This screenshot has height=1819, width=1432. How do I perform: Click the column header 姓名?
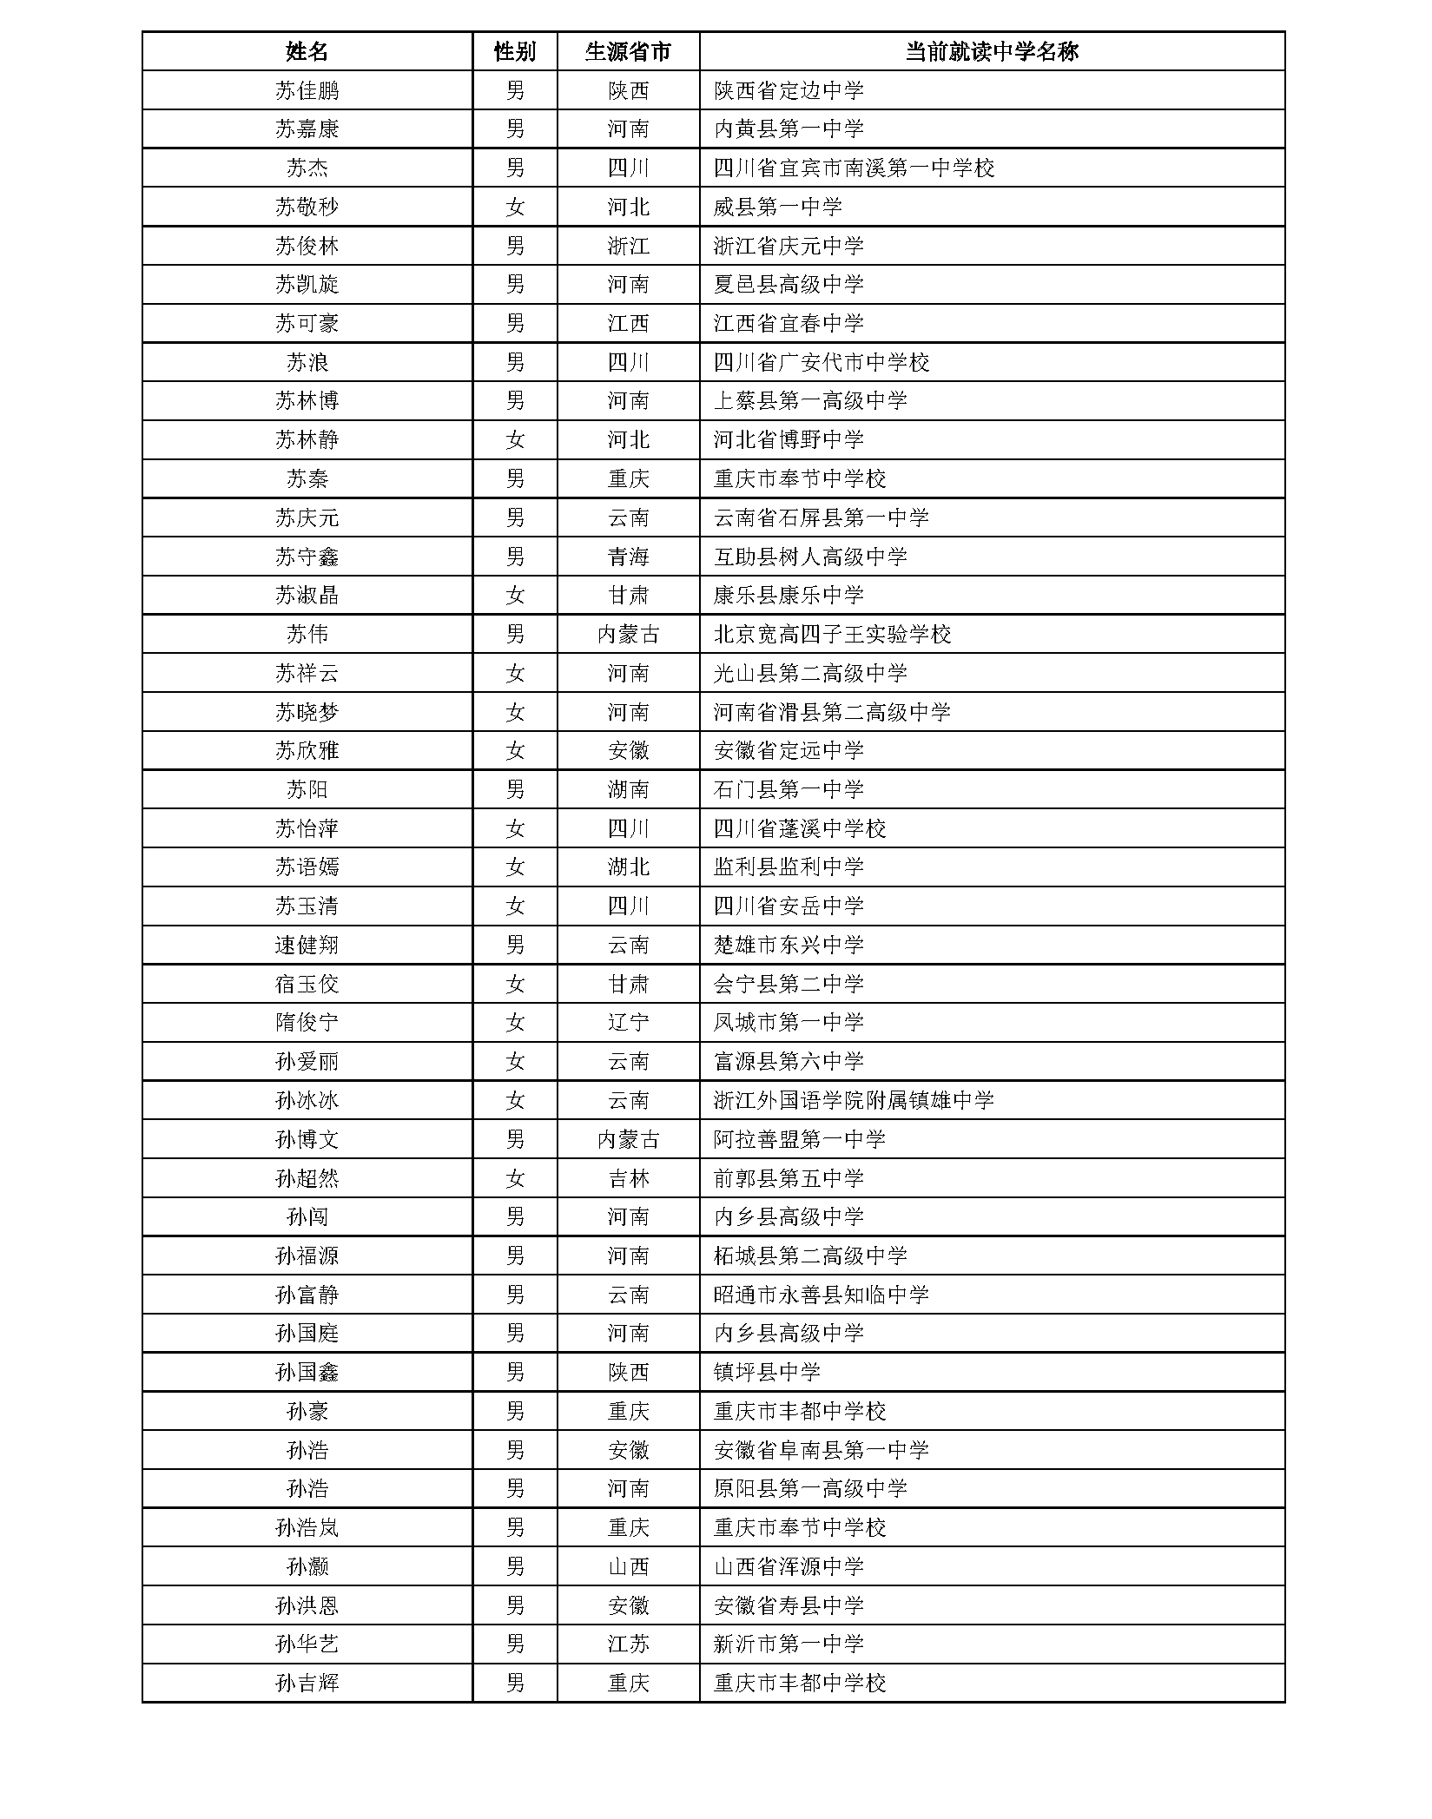pos(307,52)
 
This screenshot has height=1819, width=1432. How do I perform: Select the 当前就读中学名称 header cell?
pos(991,52)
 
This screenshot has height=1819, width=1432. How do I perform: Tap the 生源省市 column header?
pos(628,52)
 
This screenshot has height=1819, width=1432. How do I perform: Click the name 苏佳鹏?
pos(307,91)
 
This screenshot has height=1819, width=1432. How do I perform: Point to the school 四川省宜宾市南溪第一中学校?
pos(854,168)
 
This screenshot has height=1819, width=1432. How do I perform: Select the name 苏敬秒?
pos(307,208)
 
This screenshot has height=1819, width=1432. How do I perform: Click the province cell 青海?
pos(628,557)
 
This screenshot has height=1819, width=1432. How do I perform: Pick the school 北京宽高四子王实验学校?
pos(832,635)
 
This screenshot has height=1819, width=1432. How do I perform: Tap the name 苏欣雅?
pos(307,751)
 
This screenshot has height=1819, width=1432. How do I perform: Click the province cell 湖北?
pos(628,867)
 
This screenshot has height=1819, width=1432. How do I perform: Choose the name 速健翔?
pos(307,946)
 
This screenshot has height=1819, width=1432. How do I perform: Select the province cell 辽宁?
pos(628,1023)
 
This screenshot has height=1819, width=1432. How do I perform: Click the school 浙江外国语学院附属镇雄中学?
pos(854,1101)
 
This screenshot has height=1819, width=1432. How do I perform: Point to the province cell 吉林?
pos(628,1178)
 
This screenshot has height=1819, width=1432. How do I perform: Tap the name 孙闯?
pos(307,1217)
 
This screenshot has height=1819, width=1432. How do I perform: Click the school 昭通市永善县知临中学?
pos(821,1295)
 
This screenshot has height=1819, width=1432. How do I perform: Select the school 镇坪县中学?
pos(767,1373)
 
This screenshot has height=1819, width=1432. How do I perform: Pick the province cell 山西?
pos(628,1567)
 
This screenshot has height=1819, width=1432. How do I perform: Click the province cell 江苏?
pos(628,1644)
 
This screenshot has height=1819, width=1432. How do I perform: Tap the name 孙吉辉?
pos(307,1684)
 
